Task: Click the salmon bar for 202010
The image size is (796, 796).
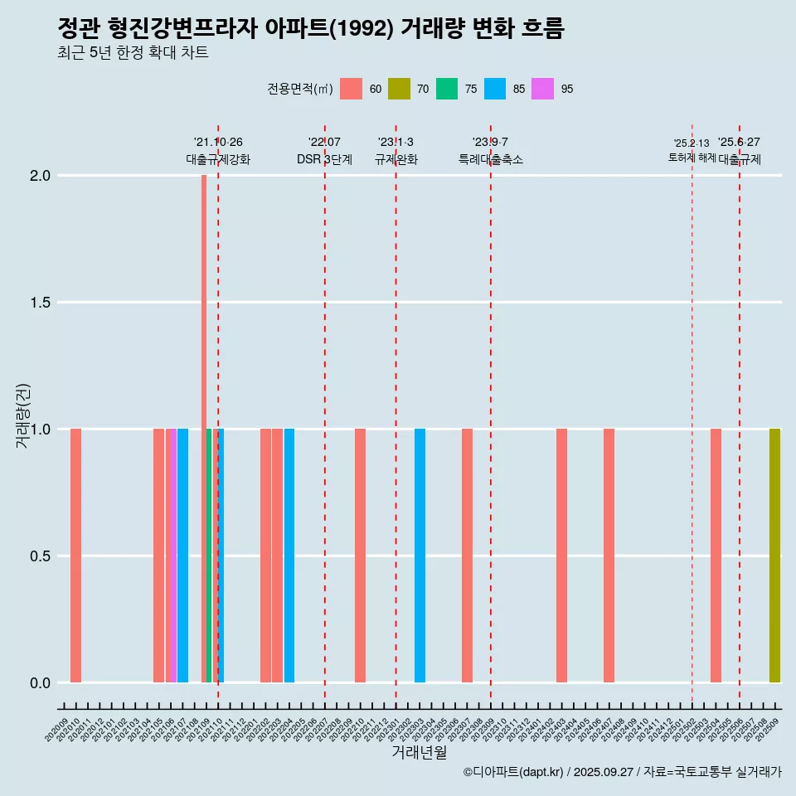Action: point(75,556)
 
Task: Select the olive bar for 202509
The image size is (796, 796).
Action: point(774,556)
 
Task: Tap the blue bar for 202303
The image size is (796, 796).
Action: point(420,556)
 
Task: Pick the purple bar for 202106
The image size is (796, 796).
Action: point(171,556)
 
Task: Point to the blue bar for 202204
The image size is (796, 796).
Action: point(289,556)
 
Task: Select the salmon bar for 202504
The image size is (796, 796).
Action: point(716,556)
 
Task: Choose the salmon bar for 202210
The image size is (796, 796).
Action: point(360,556)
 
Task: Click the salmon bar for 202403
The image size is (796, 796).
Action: point(561,556)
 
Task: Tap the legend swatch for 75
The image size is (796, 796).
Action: point(447,89)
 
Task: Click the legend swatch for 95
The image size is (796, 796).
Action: point(543,89)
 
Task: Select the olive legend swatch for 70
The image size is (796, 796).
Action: point(399,89)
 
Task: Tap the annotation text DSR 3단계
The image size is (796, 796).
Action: point(324,159)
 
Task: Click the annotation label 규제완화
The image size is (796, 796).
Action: point(396,159)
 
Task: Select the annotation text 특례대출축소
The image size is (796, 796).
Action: point(491,159)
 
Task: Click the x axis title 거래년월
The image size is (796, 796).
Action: point(419,752)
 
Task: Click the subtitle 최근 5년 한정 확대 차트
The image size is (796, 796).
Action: point(133,53)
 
